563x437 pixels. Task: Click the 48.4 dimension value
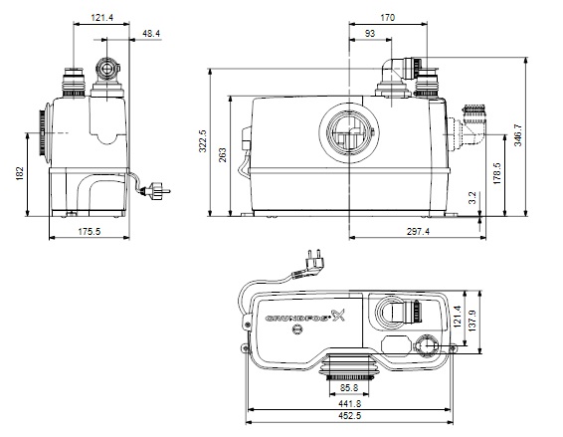151,34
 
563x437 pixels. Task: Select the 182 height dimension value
20,173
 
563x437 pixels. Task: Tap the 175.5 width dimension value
90,231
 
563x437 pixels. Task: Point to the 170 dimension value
387,18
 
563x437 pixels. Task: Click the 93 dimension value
370,34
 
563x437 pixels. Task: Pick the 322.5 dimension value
203,141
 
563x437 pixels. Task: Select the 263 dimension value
223,155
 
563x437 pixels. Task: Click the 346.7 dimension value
518,135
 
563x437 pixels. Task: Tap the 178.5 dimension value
497,173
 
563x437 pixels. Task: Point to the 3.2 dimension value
472,198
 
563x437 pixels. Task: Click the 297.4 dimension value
418,231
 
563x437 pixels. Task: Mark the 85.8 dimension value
349,388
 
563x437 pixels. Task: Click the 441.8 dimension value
349,404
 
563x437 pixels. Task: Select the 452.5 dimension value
349,416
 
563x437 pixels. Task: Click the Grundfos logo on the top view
305,317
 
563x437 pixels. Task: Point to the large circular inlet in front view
349,133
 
